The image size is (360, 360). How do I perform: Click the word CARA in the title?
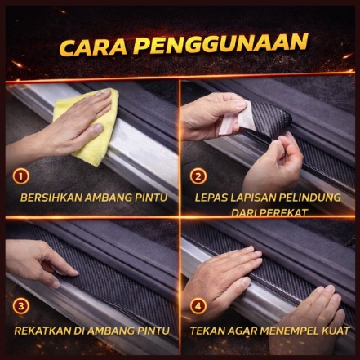[x=93, y=47]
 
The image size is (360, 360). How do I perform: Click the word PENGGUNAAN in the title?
[x=220, y=43]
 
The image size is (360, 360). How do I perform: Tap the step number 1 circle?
[x=20, y=176]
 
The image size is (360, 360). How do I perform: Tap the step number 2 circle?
[x=198, y=176]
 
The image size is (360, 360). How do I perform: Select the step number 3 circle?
[x=20, y=306]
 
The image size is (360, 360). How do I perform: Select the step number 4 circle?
[x=198, y=306]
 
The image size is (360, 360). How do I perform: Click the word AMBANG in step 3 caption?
[x=112, y=331]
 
